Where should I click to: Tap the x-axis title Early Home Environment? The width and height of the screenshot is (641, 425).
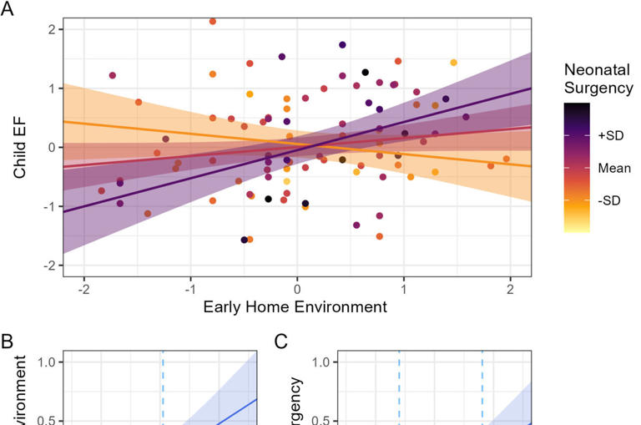coord(295,306)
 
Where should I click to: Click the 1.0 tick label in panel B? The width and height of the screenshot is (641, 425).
coord(46,362)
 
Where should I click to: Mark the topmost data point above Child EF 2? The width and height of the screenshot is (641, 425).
coord(213,21)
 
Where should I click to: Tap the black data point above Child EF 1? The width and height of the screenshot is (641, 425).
coord(366,72)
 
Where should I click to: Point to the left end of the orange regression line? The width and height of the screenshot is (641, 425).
coord(64,122)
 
